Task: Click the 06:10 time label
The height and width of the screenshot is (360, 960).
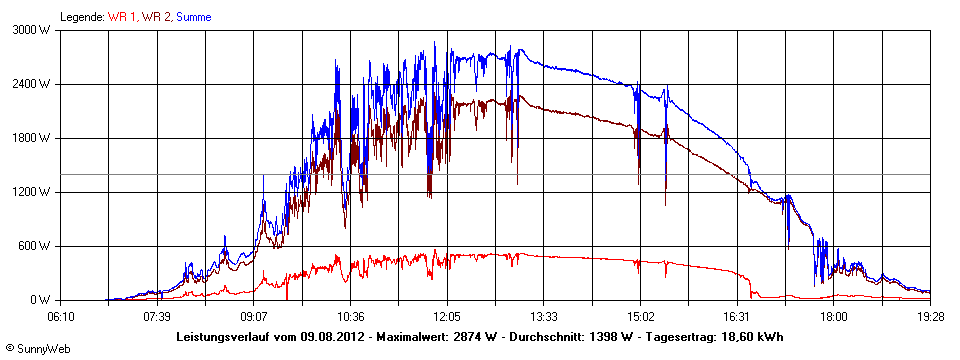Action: (61, 315)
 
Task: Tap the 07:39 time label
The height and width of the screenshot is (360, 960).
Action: (157, 315)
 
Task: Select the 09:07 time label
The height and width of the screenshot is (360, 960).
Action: (254, 315)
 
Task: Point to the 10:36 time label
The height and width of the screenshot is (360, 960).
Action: (351, 315)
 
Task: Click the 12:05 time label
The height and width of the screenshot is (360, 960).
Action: (447, 315)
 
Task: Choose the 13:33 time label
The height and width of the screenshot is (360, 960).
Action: (544, 315)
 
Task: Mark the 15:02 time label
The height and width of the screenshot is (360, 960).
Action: (640, 315)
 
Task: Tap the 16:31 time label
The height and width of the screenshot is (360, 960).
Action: (737, 315)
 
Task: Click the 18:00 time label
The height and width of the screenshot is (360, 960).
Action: (834, 315)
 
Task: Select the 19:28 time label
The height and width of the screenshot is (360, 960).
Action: (930, 315)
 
